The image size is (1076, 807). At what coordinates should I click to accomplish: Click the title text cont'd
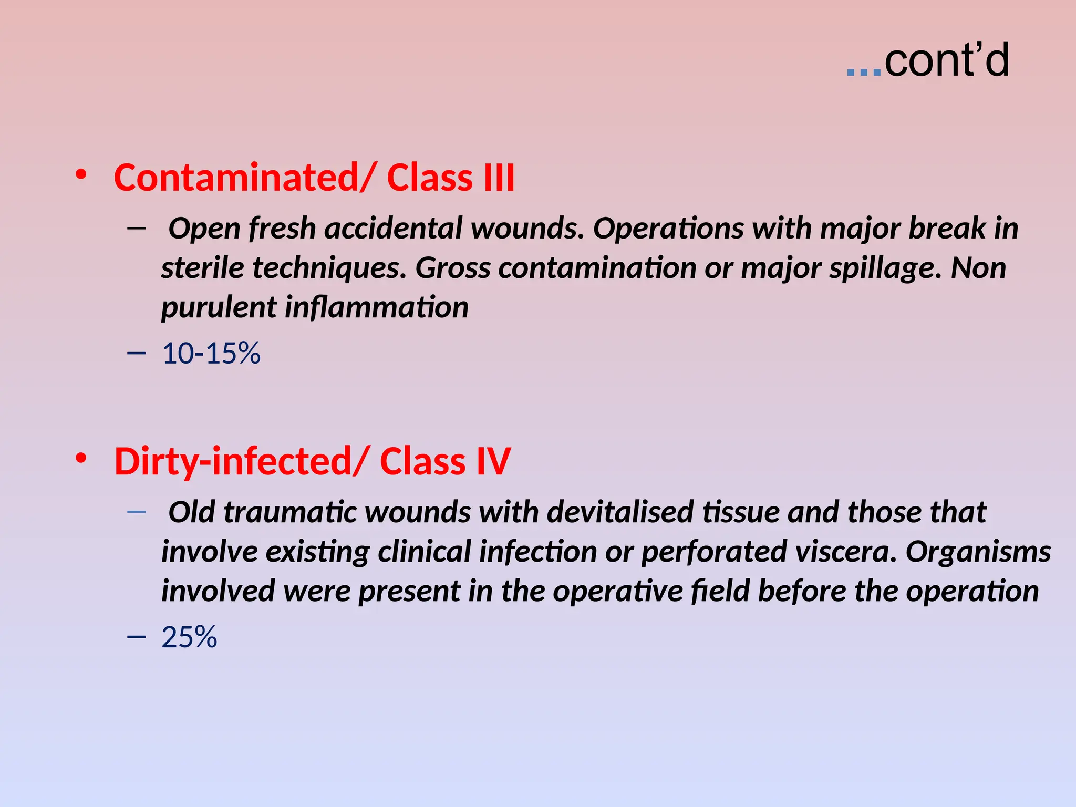pos(946,61)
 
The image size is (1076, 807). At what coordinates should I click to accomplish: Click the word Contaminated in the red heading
pos(236,178)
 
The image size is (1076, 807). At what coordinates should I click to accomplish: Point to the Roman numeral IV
pos(493,461)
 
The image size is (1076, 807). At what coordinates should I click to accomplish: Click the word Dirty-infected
pos(233,461)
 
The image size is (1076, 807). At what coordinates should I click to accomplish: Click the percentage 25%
pos(189,637)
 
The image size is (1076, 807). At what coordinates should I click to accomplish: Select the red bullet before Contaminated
pos(81,174)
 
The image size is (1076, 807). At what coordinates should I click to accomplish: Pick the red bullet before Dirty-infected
pos(81,458)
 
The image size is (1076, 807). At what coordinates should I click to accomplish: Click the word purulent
pos(218,308)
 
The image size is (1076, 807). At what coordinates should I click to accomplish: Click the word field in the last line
pos(720,591)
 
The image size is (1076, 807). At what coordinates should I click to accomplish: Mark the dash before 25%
pos(136,637)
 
